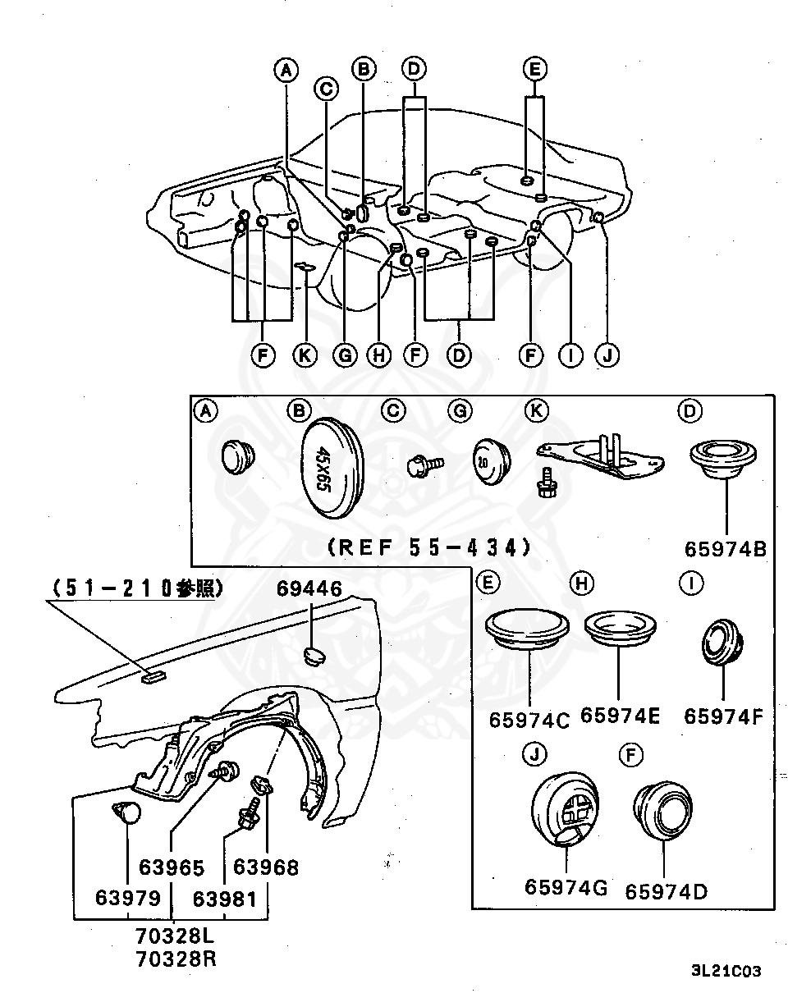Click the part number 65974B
pyautogui.click(x=726, y=547)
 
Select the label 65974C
pyautogui.click(x=529, y=720)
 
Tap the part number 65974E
pyautogui.click(x=620, y=715)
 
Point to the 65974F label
pyautogui.click(x=724, y=716)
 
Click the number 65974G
pyautogui.click(x=566, y=887)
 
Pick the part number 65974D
pyautogui.click(x=666, y=890)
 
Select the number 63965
pyautogui.click(x=171, y=867)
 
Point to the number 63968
pyautogui.click(x=266, y=867)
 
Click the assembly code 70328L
pyautogui.click(x=176, y=935)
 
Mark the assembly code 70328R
pyautogui.click(x=176, y=958)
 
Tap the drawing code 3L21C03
pyautogui.click(x=726, y=971)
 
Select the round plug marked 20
pyautogui.click(x=490, y=462)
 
